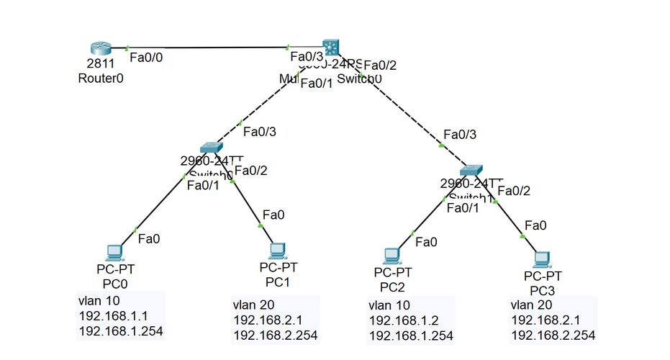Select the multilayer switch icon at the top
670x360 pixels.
330,48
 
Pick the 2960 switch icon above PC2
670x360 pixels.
471,170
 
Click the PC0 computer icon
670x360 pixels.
114,252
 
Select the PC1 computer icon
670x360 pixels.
278,250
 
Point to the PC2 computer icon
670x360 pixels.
391,255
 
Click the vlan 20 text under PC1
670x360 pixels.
253,304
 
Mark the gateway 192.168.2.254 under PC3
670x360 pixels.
553,336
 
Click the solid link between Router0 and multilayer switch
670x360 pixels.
209,48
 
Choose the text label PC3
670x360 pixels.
542,289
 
